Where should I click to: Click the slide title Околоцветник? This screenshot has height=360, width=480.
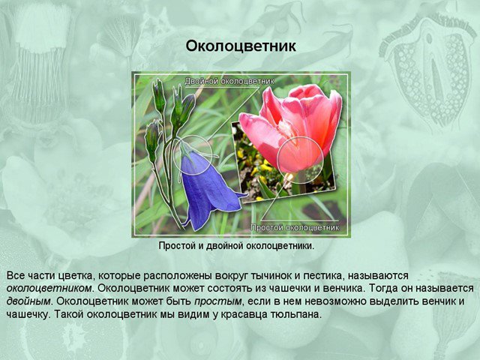coord(241,46)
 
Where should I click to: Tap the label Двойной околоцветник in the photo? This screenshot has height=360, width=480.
coord(229,81)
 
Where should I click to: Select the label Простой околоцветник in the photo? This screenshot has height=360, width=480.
coord(295,227)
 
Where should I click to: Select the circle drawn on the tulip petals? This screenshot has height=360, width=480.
coord(300,137)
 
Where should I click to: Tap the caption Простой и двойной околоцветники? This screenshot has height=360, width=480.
coord(237,246)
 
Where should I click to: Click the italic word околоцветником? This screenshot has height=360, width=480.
coord(49,288)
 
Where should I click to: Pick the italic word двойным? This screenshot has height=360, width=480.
coord(28,301)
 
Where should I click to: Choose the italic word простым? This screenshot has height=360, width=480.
coord(217,301)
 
